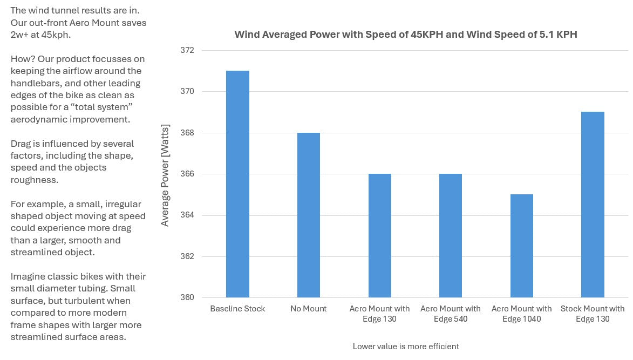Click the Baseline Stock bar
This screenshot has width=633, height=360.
coord(237,184)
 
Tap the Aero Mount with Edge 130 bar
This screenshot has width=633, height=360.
coord(380,235)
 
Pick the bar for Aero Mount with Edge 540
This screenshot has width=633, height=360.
coord(451,235)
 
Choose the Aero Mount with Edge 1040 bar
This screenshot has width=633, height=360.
coord(522,246)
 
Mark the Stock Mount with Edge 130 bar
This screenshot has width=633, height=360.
coord(593,205)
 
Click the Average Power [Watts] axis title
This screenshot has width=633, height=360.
coord(165,175)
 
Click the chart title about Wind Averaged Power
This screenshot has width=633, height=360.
coord(405,35)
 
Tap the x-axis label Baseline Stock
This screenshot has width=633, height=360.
coord(237,309)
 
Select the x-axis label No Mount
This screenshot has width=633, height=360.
coord(309,309)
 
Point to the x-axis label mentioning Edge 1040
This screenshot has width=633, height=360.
coord(522,314)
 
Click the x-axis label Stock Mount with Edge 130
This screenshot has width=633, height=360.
coord(593,314)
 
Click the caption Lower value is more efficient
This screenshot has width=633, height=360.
coord(405,346)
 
